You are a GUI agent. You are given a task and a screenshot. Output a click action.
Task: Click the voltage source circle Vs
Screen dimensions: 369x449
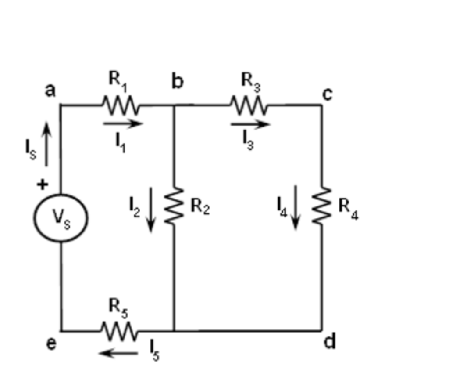pyautogui.click(x=61, y=217)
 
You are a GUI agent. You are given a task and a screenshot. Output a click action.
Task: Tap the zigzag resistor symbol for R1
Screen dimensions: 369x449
pyautogui.click(x=120, y=105)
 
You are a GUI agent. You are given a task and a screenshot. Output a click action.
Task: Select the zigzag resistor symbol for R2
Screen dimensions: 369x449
pyautogui.click(x=175, y=206)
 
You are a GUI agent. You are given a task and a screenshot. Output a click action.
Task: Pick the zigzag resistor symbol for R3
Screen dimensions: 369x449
pyautogui.click(x=248, y=105)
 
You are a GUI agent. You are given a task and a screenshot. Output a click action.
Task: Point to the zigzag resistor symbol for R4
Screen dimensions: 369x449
pyautogui.click(x=322, y=206)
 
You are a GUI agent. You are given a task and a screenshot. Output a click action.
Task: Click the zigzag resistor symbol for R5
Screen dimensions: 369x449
pyautogui.click(x=118, y=330)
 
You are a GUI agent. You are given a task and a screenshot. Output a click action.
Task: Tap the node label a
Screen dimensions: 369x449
pyautogui.click(x=50, y=90)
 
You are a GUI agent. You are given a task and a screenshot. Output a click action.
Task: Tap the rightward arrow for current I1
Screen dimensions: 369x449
pyautogui.click(x=123, y=124)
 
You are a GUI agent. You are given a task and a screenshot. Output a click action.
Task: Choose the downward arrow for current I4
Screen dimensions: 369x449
pyautogui.click(x=296, y=206)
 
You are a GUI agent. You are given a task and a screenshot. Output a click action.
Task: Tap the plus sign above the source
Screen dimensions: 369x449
pyautogui.click(x=42, y=185)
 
